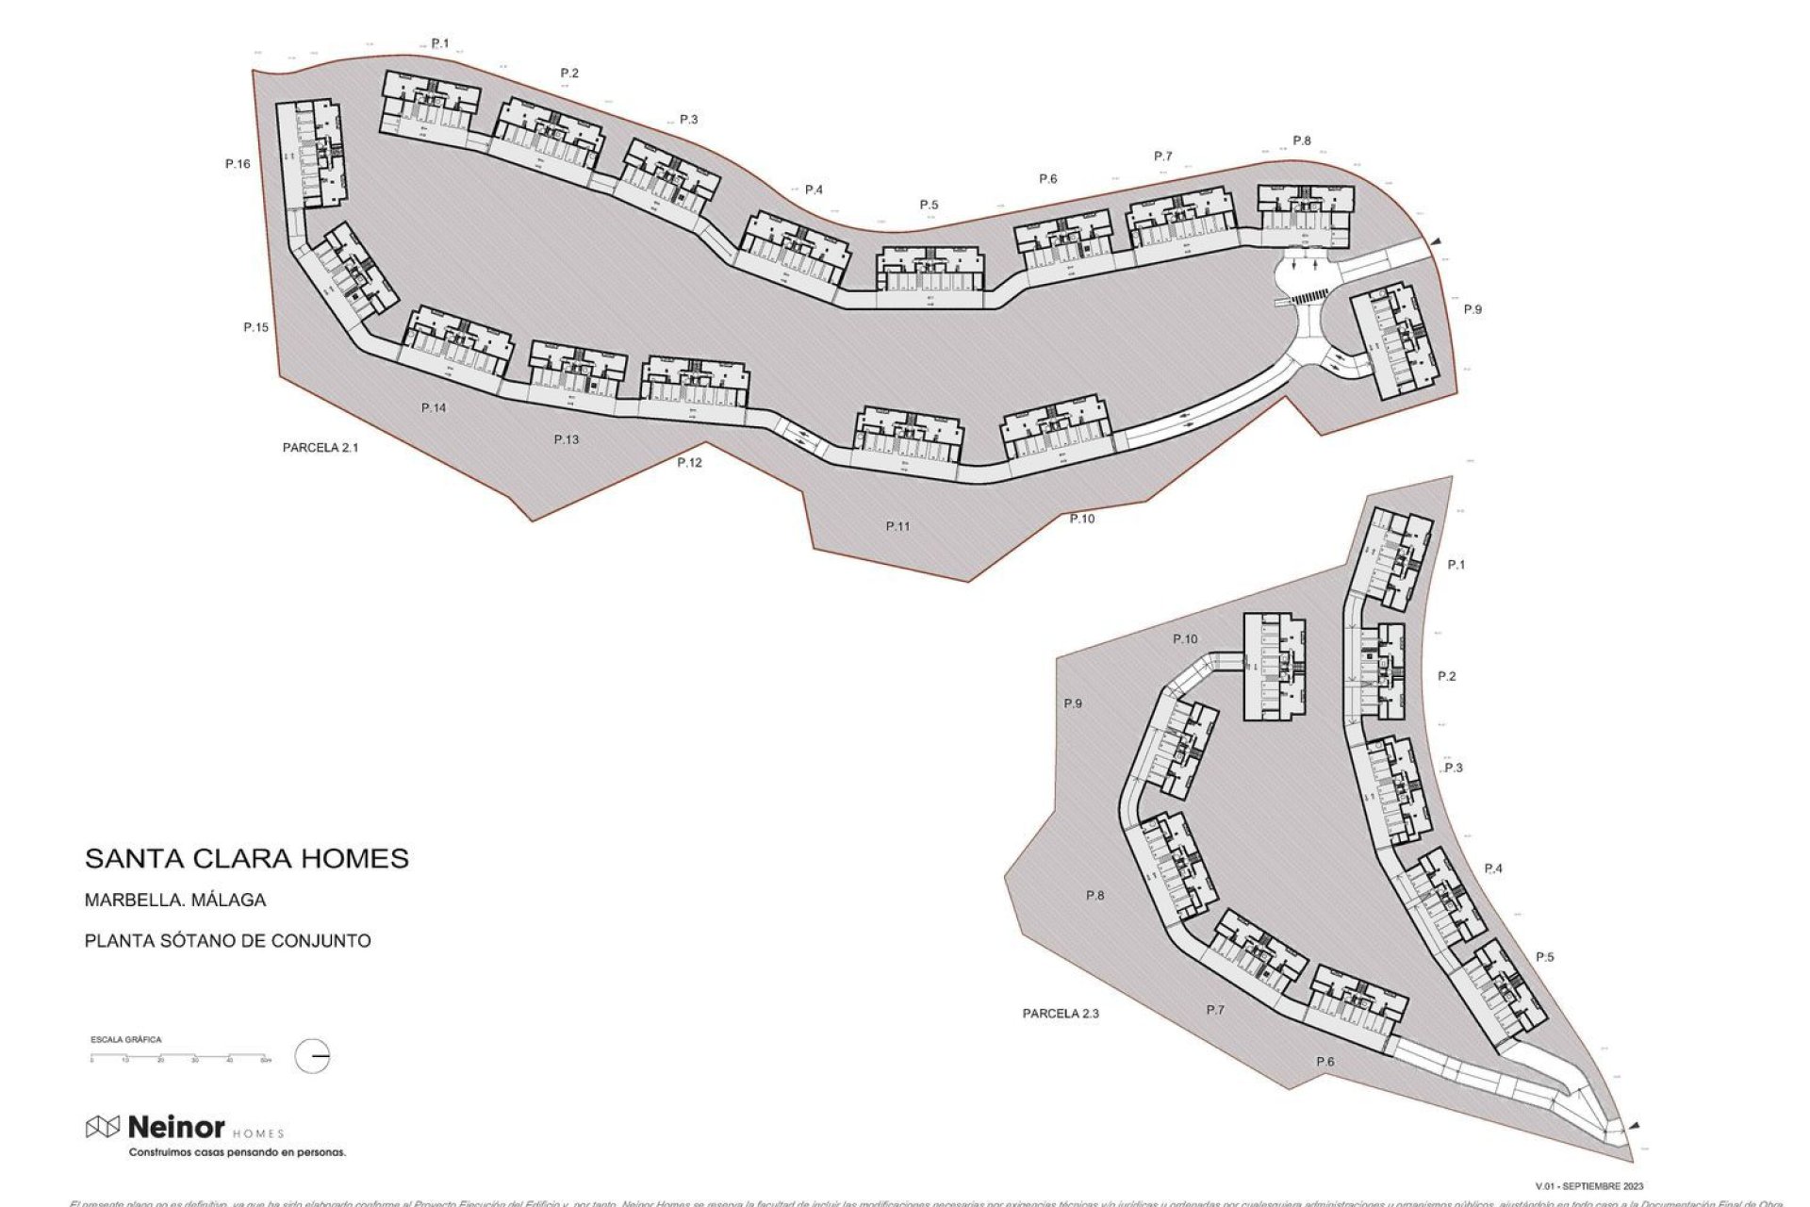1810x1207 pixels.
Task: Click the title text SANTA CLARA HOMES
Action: pos(247,859)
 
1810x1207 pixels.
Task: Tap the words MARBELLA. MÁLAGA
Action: pos(175,901)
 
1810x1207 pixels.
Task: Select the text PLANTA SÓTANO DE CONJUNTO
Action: pos(227,941)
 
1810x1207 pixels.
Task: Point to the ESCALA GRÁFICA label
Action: pos(125,1039)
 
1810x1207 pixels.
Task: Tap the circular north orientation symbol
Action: pos(312,1056)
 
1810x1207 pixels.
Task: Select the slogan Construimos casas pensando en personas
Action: pos(237,1152)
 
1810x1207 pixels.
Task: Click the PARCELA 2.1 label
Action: pos(321,448)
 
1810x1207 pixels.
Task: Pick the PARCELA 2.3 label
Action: pos(1061,1014)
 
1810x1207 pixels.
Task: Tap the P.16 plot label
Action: pos(238,164)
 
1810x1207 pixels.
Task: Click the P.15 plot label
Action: pos(255,328)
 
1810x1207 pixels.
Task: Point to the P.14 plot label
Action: pos(434,408)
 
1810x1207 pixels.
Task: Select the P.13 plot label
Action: pos(567,440)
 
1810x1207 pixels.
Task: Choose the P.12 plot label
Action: pos(689,463)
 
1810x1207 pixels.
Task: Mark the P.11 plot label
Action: pos(897,526)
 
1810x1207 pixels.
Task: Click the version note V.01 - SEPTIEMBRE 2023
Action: pos(1589,1186)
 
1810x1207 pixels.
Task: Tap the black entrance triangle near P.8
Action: pos(1436,242)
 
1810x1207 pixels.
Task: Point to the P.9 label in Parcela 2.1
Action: pos(1473,309)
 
